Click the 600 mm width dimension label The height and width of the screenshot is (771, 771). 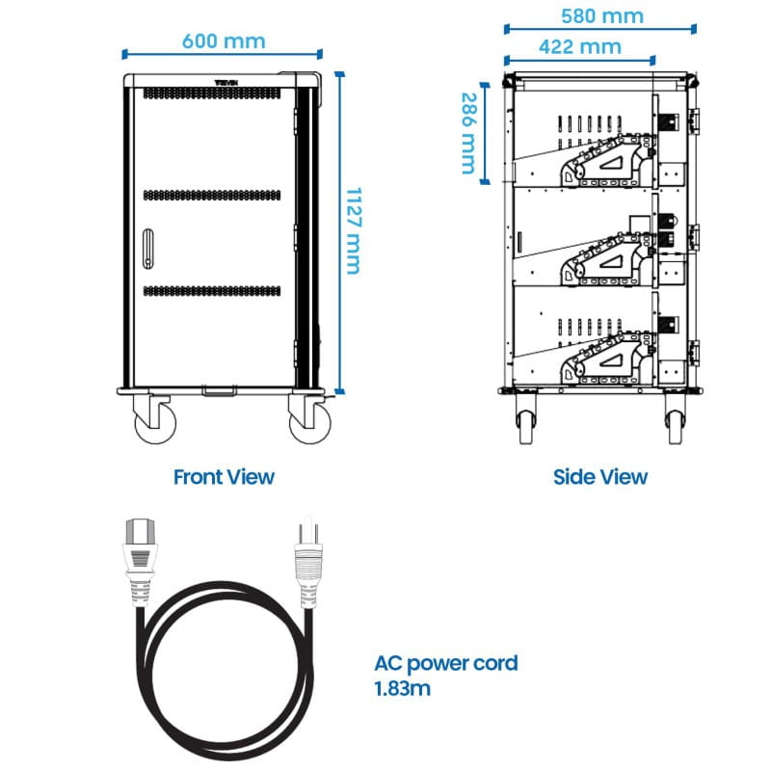(223, 40)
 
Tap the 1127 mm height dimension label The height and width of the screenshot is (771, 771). (353, 230)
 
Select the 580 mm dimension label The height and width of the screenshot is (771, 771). (602, 16)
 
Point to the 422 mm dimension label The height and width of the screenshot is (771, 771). (579, 46)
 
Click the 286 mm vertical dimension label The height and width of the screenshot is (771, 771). (468, 133)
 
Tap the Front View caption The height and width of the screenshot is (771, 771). (224, 476)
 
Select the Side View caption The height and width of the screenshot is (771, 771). (600, 476)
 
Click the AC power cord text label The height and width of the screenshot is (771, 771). (446, 663)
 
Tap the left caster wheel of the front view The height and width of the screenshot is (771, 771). (155, 422)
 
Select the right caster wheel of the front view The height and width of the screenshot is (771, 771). (307, 422)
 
